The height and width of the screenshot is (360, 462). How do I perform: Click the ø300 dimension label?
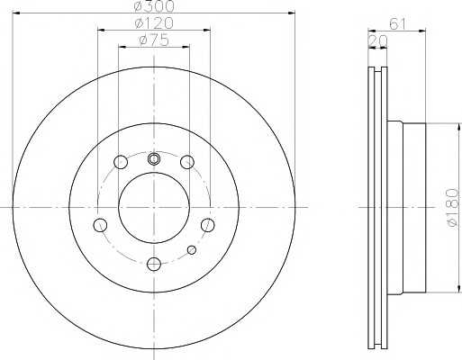(x=154, y=6)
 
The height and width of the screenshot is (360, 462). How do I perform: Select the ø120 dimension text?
(x=154, y=23)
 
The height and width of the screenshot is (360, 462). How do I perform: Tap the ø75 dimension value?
(x=154, y=40)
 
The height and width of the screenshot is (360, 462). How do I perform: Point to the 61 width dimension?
(x=398, y=23)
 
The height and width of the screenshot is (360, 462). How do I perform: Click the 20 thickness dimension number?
(x=377, y=41)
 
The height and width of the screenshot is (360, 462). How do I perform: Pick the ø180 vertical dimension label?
(x=453, y=207)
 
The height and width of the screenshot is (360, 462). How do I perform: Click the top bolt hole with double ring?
(x=154, y=159)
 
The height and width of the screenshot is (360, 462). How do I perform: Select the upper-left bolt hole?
(x=121, y=162)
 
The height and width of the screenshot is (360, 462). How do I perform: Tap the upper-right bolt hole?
(x=187, y=162)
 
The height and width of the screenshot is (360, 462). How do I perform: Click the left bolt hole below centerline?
(x=100, y=225)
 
